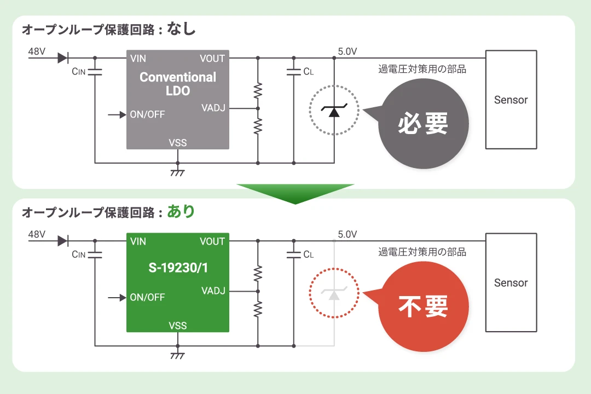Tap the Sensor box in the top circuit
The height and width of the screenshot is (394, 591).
tap(511, 100)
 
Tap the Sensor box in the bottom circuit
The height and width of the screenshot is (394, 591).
tap(511, 282)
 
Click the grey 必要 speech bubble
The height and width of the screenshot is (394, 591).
tap(422, 123)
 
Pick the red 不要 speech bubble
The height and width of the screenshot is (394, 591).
tap(422, 306)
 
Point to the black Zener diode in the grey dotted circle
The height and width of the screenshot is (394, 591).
tap(334, 112)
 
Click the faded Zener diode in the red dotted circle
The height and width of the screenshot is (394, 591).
tap(334, 294)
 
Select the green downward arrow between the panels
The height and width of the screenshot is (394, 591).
tap(296, 193)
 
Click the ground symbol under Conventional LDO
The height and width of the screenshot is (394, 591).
tap(177, 171)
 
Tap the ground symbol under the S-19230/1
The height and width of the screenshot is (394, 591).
tap(177, 354)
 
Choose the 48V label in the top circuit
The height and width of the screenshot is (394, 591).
tap(37, 51)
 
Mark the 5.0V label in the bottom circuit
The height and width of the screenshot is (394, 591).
tap(347, 234)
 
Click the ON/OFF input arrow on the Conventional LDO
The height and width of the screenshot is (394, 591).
tap(117, 115)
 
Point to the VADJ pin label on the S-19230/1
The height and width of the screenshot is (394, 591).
tap(213, 290)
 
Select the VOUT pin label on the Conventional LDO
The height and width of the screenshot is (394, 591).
tap(212, 59)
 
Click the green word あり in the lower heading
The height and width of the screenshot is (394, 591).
tap(181, 211)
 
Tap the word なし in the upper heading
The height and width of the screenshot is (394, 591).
tap(181, 28)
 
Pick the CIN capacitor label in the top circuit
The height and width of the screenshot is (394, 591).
tap(79, 71)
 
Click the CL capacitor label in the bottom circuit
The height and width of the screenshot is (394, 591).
tap(308, 254)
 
